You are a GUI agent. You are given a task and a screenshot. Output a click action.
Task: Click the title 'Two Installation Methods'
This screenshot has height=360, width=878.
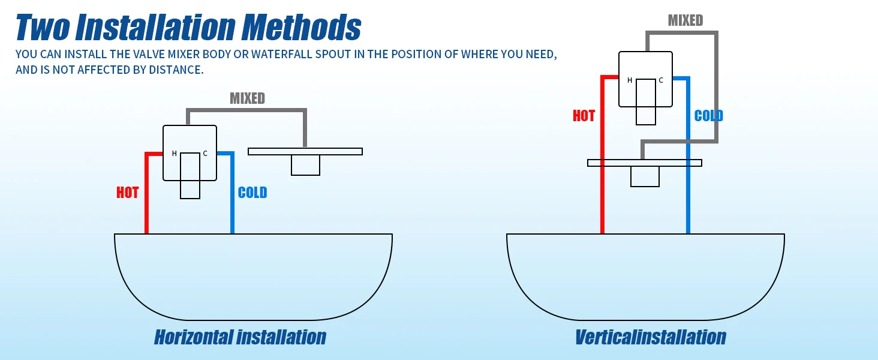point(188,27)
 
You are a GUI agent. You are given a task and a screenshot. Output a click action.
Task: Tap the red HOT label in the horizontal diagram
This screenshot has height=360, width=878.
point(127,193)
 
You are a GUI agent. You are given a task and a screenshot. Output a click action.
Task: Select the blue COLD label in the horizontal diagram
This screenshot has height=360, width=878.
point(252,193)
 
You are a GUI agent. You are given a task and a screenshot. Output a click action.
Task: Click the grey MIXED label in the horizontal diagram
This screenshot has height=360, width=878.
point(247,98)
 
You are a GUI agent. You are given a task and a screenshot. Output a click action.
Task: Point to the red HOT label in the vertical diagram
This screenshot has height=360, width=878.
point(584,116)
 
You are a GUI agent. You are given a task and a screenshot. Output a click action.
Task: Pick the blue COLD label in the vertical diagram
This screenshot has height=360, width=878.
point(708,116)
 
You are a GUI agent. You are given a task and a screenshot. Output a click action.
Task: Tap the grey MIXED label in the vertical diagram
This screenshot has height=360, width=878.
point(685,20)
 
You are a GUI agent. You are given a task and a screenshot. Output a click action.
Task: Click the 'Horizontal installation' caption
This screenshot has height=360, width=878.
point(240,337)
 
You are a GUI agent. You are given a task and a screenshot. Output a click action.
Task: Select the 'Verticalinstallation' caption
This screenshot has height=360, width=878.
point(650,337)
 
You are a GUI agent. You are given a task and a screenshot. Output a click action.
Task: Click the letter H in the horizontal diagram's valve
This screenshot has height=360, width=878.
point(175,154)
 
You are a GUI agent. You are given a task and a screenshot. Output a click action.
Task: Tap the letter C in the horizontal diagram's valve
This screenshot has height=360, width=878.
point(205,154)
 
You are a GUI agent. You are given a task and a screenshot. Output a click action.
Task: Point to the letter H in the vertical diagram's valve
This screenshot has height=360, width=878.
point(630,80)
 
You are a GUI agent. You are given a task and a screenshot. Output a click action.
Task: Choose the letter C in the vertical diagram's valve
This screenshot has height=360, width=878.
point(661,80)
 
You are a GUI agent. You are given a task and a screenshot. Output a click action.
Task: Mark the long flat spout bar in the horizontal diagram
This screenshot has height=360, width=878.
point(305,151)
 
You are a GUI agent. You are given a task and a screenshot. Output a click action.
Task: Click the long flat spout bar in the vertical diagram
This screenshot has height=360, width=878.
point(644,163)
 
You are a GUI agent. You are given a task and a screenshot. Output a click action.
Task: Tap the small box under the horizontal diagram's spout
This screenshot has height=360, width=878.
point(305,165)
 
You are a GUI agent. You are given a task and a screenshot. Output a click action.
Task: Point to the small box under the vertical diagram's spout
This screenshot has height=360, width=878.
point(645,176)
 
